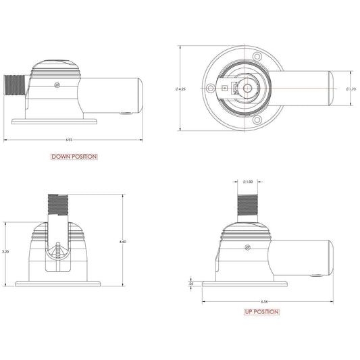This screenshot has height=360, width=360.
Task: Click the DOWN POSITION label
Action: pos(74,157)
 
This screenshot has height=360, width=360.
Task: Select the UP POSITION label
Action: pos(261,312)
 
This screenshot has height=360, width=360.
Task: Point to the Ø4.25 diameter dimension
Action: pos(177,88)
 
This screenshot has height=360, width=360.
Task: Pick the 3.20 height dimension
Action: pos(5,251)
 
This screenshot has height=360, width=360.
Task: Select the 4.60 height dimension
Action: pos(122,241)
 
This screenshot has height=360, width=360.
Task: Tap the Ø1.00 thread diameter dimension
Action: pos(248,182)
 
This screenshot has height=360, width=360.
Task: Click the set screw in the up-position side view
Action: pos(247,249)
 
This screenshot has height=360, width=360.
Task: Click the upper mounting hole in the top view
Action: pos(256,57)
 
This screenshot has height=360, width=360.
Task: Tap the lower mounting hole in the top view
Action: pos(256,120)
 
